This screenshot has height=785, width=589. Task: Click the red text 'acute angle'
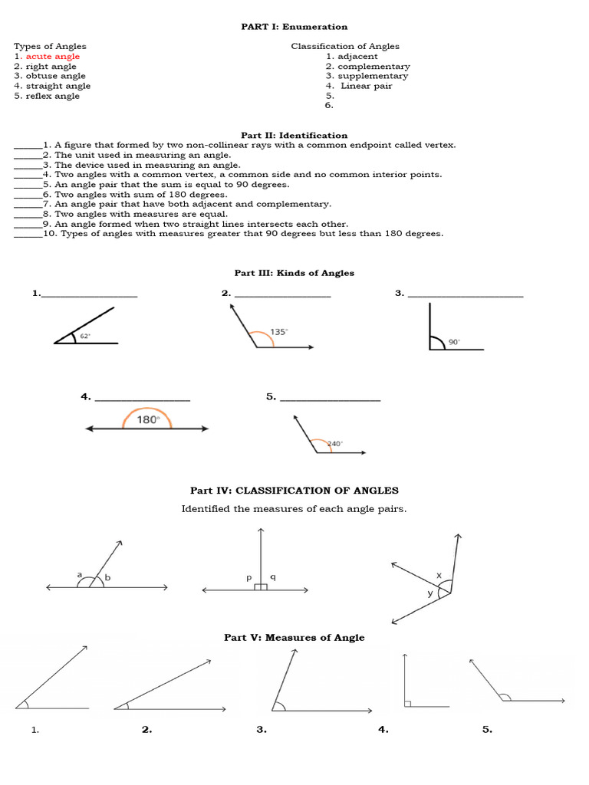tap(53, 57)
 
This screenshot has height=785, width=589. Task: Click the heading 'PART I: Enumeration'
tap(294, 27)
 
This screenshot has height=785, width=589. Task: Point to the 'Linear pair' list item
tap(366, 87)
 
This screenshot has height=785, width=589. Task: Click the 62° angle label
tap(85, 336)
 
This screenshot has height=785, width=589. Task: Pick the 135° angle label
tap(278, 332)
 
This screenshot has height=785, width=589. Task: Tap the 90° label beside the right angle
tap(454, 342)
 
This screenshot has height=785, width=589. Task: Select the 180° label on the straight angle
tap(147, 419)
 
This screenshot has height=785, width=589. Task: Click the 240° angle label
tap(334, 444)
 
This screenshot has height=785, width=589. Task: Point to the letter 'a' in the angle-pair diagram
tap(79, 574)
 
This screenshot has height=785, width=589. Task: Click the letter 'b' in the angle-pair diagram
tap(107, 578)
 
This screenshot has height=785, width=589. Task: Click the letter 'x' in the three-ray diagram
tap(439, 574)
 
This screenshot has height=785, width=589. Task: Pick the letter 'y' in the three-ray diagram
tap(429, 593)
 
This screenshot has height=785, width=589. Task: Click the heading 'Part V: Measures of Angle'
tap(294, 638)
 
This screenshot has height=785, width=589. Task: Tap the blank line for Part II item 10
tap(28, 235)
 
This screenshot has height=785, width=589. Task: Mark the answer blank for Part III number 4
tap(142, 398)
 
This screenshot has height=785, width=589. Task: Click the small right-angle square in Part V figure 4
tap(407, 703)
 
